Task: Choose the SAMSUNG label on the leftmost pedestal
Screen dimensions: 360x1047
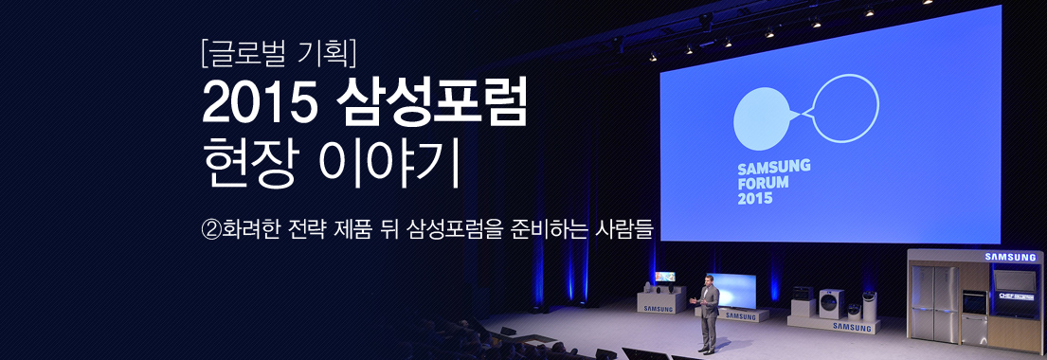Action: pyautogui.click(x=659, y=308)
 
